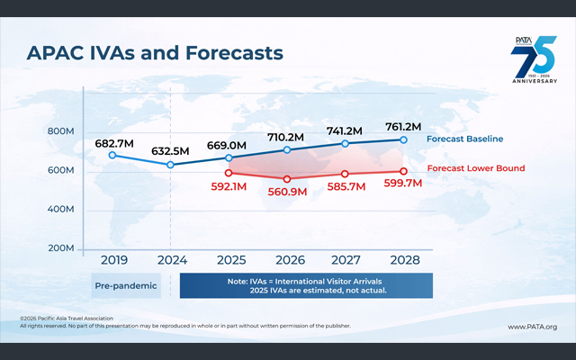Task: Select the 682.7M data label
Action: point(115,143)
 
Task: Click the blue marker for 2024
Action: point(171,165)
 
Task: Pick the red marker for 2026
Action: point(287,178)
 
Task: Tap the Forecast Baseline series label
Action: point(464,139)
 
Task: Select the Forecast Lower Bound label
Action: point(475,168)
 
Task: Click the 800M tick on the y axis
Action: point(61,131)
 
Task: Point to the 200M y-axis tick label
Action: point(61,248)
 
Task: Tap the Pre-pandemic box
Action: point(126,286)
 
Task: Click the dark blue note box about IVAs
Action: point(306,286)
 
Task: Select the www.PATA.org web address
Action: point(532,327)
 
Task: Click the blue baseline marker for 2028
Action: point(403,139)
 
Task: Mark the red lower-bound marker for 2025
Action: point(229,172)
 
